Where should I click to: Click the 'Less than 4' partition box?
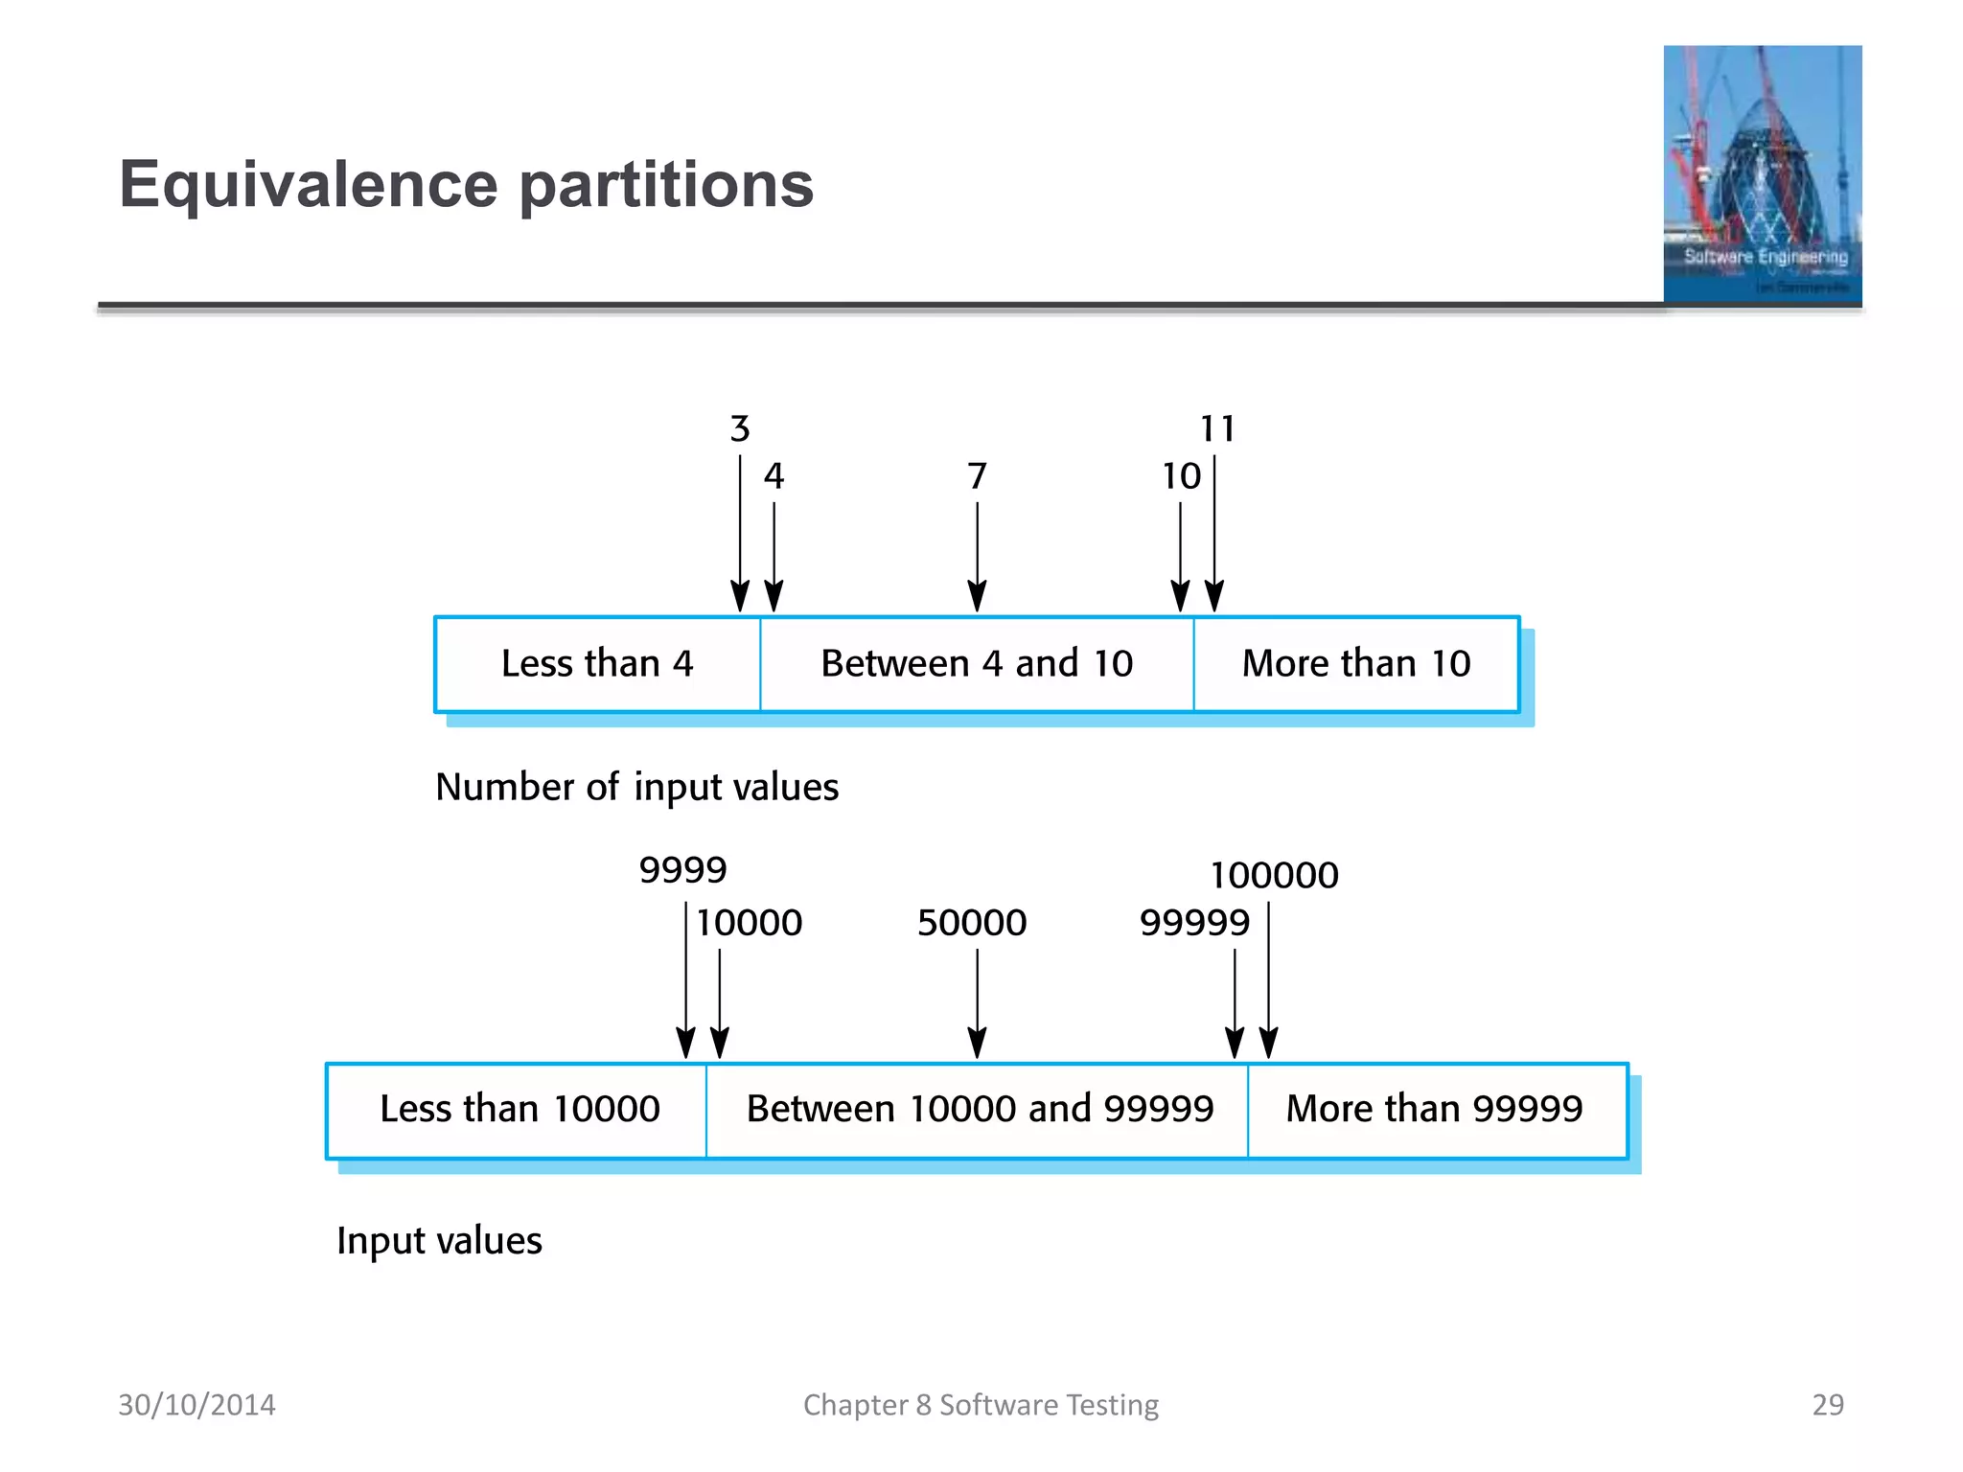pyautogui.click(x=597, y=664)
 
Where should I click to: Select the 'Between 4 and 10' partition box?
pyautogui.click(x=977, y=664)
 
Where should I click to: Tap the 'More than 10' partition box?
pyautogui.click(x=1356, y=664)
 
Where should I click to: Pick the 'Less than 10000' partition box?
pyautogui.click(x=519, y=1110)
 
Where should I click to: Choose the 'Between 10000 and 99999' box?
pyautogui.click(x=979, y=1110)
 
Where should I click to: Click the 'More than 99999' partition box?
pyautogui.click(x=1435, y=1110)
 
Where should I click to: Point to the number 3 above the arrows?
pyautogui.click(x=739, y=428)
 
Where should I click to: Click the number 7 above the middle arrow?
pyautogui.click(x=977, y=476)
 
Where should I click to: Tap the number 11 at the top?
pyautogui.click(x=1217, y=428)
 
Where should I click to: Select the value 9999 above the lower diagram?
pyautogui.click(x=682, y=870)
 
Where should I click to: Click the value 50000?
pyautogui.click(x=972, y=923)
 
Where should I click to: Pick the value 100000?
pyautogui.click(x=1274, y=875)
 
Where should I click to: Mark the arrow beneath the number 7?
pyautogui.click(x=977, y=556)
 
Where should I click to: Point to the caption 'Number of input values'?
pyautogui.click(x=636, y=788)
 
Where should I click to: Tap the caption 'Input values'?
pyautogui.click(x=439, y=1241)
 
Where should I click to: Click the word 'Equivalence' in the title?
pyautogui.click(x=308, y=184)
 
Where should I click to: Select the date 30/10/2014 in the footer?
pyautogui.click(x=196, y=1405)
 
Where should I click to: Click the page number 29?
pyautogui.click(x=1827, y=1405)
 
